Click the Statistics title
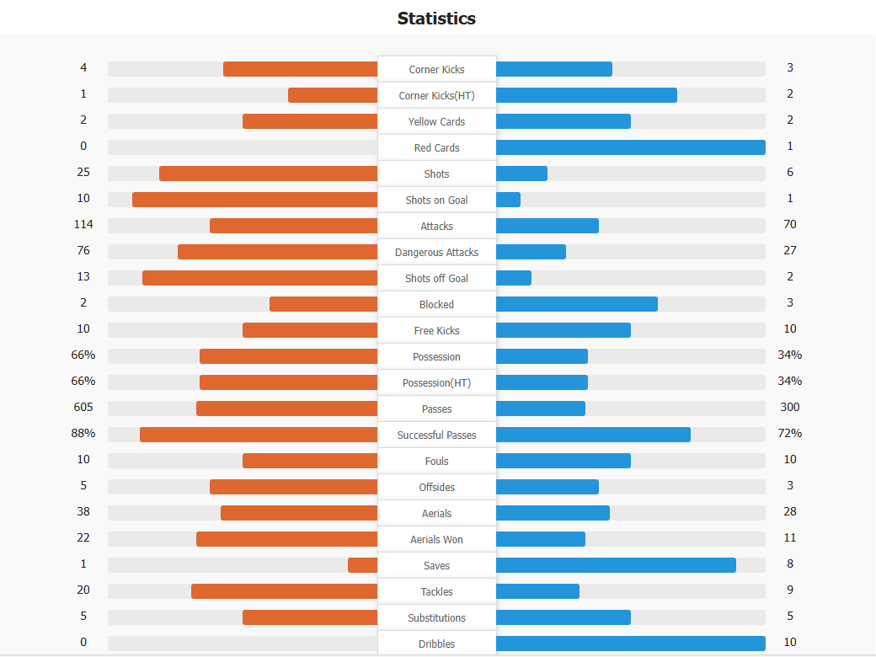tap(436, 18)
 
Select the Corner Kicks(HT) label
tap(436, 95)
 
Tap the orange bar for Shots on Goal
tap(254, 200)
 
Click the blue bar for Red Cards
tap(630, 147)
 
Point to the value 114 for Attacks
tap(83, 224)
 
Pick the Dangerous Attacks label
tap(436, 252)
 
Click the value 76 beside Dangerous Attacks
tap(83, 250)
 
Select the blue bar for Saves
tap(616, 565)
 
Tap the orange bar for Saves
tap(362, 565)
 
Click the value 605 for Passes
tap(83, 407)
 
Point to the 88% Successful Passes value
tap(83, 433)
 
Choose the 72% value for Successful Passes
tap(790, 433)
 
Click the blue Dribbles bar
tap(630, 644)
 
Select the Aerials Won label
tap(436, 539)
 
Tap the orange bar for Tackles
tap(284, 591)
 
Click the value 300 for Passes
tap(790, 407)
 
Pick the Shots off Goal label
tap(436, 278)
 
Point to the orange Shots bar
tap(268, 174)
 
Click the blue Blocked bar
tap(577, 304)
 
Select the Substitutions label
tap(436, 617)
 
